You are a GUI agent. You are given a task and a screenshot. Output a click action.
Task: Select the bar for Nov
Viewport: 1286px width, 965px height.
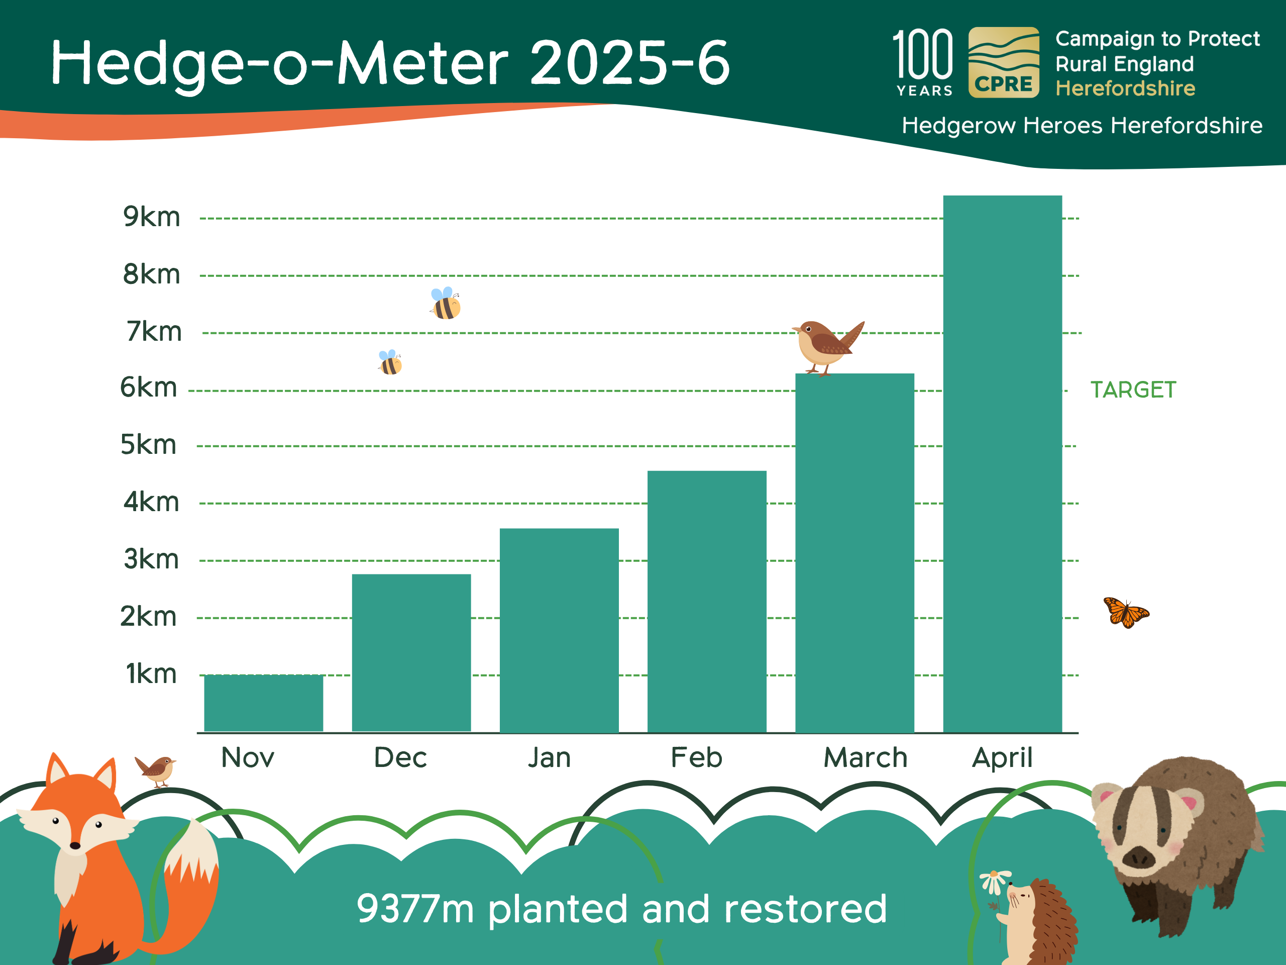(x=263, y=703)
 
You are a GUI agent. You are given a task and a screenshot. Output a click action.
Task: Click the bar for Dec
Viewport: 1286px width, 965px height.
(x=411, y=653)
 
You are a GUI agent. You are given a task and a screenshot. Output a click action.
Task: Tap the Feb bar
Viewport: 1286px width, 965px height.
(x=707, y=602)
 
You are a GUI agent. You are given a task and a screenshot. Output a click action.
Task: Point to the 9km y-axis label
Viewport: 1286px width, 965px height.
(x=152, y=217)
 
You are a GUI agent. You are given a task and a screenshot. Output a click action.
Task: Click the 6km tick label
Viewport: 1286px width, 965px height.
(x=148, y=388)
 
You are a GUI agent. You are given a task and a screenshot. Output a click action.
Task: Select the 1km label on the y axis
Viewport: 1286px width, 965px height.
(x=151, y=673)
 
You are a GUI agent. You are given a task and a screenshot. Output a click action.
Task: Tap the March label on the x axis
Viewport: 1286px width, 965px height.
(x=865, y=757)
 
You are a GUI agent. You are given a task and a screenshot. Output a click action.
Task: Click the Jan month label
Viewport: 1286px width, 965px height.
(x=550, y=757)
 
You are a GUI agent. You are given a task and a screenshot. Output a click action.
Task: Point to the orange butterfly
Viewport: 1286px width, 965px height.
(x=1126, y=613)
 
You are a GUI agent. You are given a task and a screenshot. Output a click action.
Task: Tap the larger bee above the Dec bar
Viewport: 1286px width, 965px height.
(x=446, y=303)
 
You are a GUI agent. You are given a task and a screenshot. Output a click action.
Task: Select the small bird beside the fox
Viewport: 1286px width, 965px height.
(x=156, y=770)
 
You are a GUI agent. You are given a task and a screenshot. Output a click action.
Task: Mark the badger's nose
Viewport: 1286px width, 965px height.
(x=1138, y=857)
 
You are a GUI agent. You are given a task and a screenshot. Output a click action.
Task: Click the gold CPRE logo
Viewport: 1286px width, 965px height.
(x=1004, y=62)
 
